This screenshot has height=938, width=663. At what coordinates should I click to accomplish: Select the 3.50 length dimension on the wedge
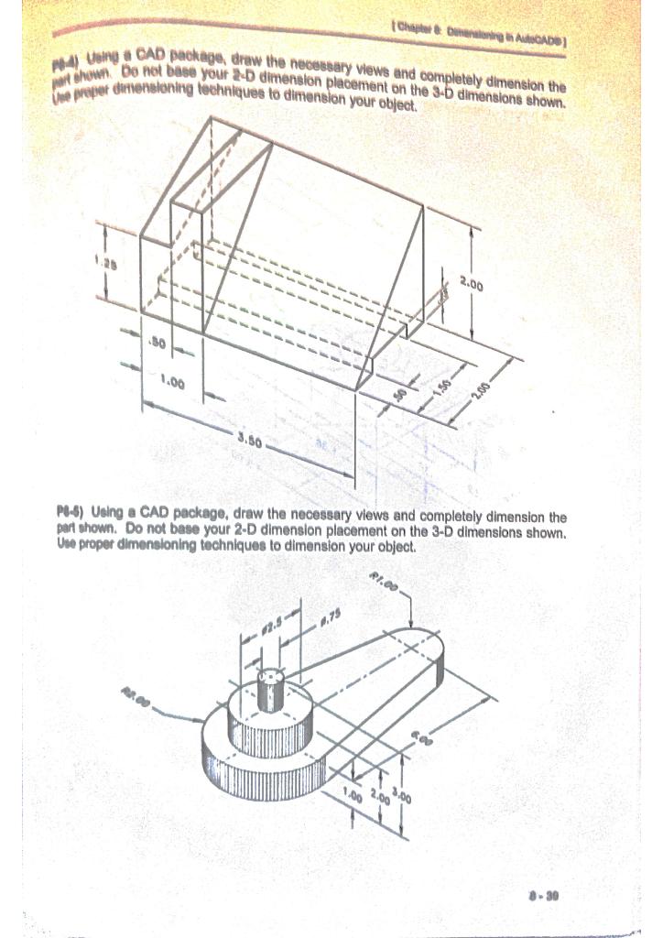pos(249,441)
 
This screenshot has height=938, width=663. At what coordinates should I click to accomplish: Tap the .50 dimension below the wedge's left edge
pos(157,344)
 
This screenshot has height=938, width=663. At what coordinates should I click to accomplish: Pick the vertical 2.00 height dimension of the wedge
pos(472,286)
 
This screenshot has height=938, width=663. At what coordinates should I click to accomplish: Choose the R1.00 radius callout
pos(385,583)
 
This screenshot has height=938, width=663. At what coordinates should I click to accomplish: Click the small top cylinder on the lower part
pos(270,690)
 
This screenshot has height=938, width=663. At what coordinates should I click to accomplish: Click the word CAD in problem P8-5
pos(153,516)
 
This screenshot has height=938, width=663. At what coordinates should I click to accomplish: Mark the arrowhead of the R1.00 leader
pos(412,620)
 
